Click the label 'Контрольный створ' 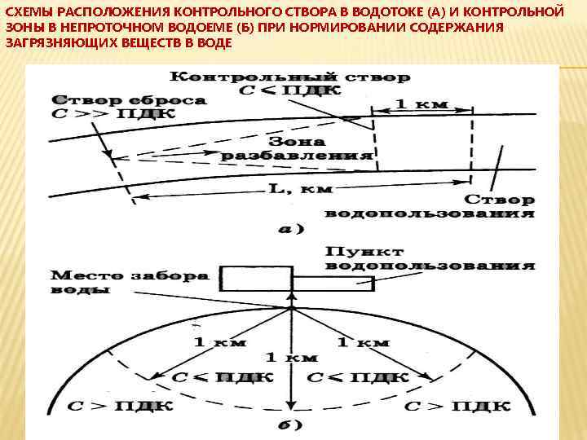(289, 77)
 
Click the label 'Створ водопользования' (430, 206)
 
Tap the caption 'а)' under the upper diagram (291, 229)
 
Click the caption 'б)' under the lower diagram (291, 425)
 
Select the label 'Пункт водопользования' (430, 257)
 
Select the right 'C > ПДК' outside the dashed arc (457, 405)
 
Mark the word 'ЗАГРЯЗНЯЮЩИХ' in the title (49, 42)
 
